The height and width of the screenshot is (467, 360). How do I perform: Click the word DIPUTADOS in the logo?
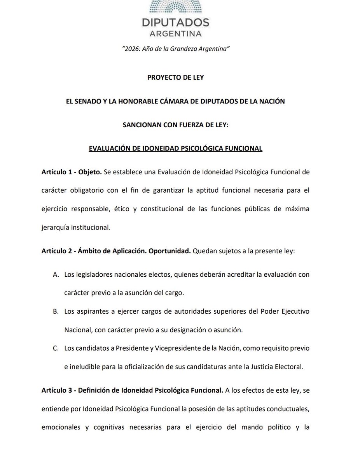click(x=175, y=22)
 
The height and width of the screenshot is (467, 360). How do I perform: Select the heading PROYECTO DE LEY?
click(x=176, y=77)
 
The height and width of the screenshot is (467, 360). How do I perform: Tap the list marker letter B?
click(x=56, y=312)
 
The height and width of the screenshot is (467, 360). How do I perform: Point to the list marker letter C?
click(x=56, y=348)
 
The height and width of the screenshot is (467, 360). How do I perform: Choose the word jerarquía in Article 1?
click(x=55, y=228)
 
